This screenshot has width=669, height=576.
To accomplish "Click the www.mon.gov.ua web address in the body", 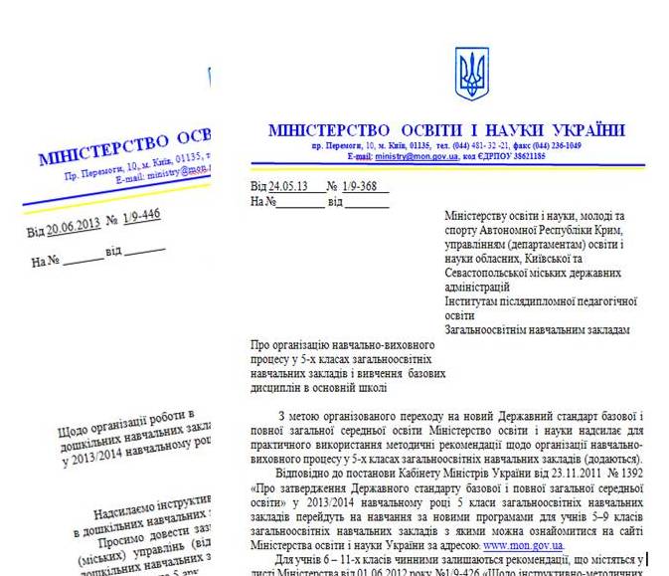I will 523,545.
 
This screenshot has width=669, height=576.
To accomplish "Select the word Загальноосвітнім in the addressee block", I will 491,329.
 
